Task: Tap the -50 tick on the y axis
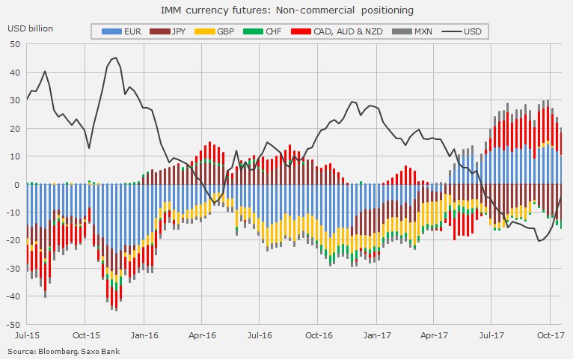[x=13, y=325]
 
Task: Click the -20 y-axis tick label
[x=13, y=240]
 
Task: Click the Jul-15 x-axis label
[x=27, y=336]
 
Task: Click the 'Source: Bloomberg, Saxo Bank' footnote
[x=63, y=351]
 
